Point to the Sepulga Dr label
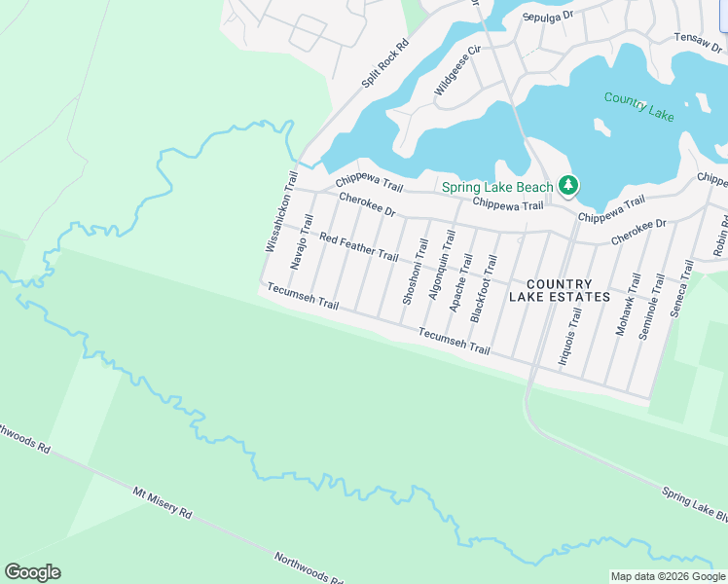549,18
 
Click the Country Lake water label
638,105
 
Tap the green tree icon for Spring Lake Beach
568,185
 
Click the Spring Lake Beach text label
497,187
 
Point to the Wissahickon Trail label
278,212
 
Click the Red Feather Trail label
358,247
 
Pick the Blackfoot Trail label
484,289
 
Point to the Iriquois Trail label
568,336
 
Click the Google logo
32,572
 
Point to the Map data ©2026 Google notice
668,576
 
